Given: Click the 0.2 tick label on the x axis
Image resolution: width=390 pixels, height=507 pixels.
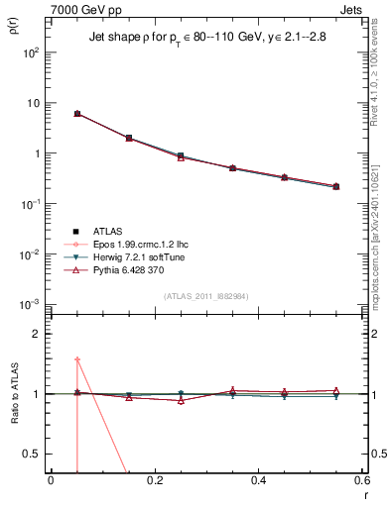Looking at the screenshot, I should pos(155,480).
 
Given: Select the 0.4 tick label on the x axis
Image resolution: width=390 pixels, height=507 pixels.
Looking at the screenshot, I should pos(259,480).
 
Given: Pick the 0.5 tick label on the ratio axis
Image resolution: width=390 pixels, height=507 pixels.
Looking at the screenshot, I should pos(33,454).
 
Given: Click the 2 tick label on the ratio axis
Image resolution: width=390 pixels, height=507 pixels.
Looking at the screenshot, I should pos(37,334).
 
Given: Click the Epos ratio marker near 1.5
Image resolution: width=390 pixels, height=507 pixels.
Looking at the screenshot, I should pos(76,359).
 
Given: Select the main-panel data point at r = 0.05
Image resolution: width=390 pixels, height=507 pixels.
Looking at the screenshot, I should pos(76,114).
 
